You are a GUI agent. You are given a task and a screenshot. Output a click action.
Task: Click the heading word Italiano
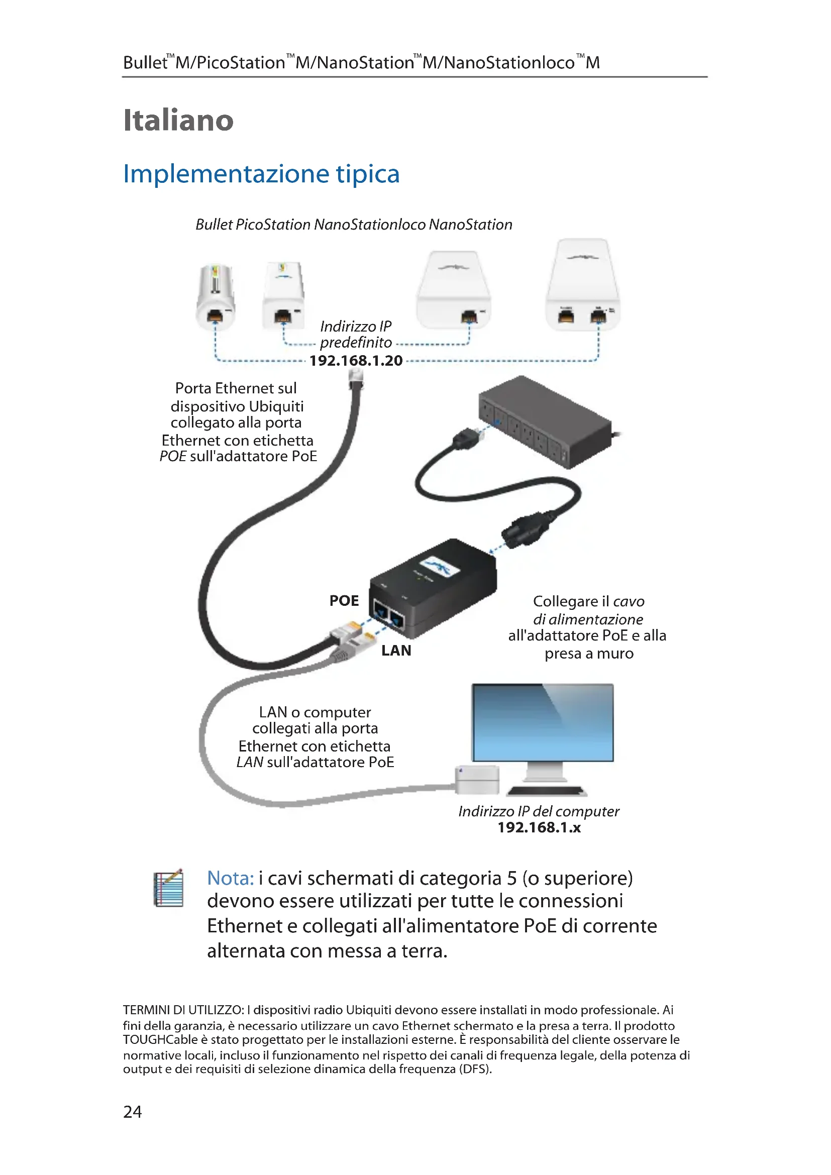(x=178, y=120)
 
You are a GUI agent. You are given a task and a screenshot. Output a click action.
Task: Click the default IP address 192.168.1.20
(x=356, y=360)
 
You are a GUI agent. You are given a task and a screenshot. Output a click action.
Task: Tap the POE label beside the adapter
(x=344, y=600)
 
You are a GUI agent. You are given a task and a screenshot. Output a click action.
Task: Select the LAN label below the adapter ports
(x=396, y=651)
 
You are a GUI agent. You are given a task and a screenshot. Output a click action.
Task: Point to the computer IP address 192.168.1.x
(x=539, y=827)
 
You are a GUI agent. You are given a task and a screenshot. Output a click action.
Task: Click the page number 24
(x=133, y=1112)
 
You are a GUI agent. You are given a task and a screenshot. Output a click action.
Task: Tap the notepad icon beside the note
(x=168, y=888)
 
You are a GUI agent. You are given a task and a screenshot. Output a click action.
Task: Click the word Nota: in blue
(x=230, y=878)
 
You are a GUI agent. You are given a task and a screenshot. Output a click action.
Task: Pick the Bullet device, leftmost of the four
(x=216, y=297)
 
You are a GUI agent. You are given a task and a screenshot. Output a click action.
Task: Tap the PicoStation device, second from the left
(x=283, y=296)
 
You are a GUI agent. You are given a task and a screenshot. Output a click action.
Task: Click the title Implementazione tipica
(x=261, y=174)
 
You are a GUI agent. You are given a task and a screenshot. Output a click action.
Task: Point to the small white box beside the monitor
(x=477, y=780)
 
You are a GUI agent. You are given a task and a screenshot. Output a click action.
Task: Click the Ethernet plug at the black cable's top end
(x=356, y=379)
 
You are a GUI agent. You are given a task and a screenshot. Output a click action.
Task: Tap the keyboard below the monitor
(x=547, y=791)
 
